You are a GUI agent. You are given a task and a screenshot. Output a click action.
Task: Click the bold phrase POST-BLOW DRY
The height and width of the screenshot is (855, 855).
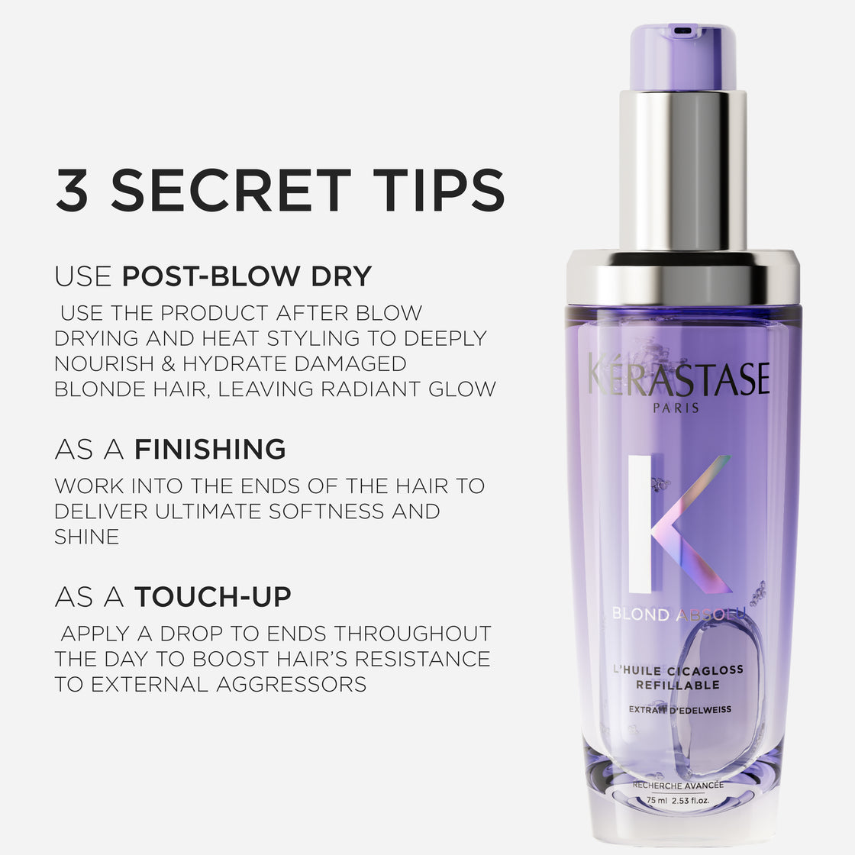(247, 276)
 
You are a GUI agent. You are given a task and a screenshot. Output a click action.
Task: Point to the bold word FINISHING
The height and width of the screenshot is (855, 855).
(210, 449)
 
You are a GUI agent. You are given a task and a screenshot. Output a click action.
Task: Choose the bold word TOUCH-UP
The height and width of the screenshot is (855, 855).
(213, 597)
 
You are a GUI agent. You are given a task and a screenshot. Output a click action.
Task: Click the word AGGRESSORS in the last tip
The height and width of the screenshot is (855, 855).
(292, 684)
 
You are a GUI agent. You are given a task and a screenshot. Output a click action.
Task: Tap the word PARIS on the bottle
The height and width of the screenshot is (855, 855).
(676, 408)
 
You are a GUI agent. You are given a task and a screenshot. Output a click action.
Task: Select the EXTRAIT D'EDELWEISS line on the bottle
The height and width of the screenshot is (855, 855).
(679, 709)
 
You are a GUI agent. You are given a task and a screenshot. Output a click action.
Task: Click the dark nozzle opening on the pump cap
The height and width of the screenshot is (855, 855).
(682, 31)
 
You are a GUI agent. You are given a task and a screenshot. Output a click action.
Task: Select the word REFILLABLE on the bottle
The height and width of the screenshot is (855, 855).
(678, 685)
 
